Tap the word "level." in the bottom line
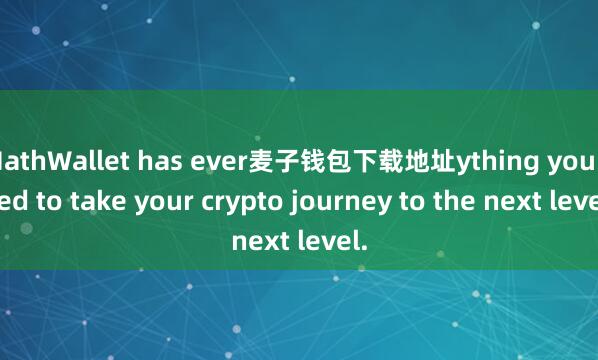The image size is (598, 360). pyautogui.click(x=329, y=240)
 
